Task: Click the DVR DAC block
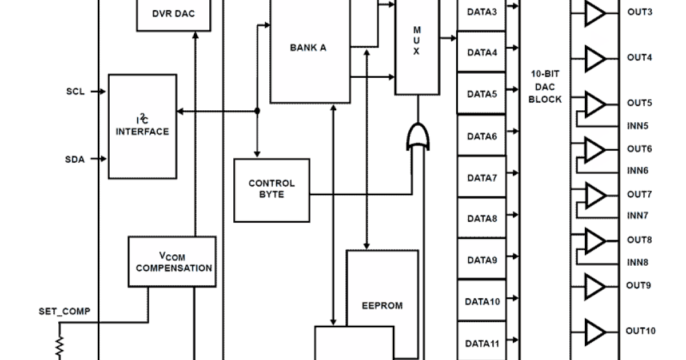pos(173,14)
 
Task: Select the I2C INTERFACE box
pos(142,126)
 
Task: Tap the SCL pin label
pos(75,91)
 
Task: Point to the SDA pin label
pos(74,159)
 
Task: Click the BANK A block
pos(309,49)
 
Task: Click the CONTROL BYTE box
pos(272,189)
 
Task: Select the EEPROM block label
pos(382,305)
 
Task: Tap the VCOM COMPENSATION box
pos(172,262)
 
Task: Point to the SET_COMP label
pos(64,311)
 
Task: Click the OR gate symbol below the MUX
pos(418,137)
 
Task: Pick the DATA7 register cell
pos(482,178)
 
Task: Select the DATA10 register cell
pos(482,301)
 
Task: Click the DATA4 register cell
pos(482,53)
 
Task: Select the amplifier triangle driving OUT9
pos(595,285)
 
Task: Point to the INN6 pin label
pos(637,171)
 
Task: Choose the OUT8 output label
pos(639,240)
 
